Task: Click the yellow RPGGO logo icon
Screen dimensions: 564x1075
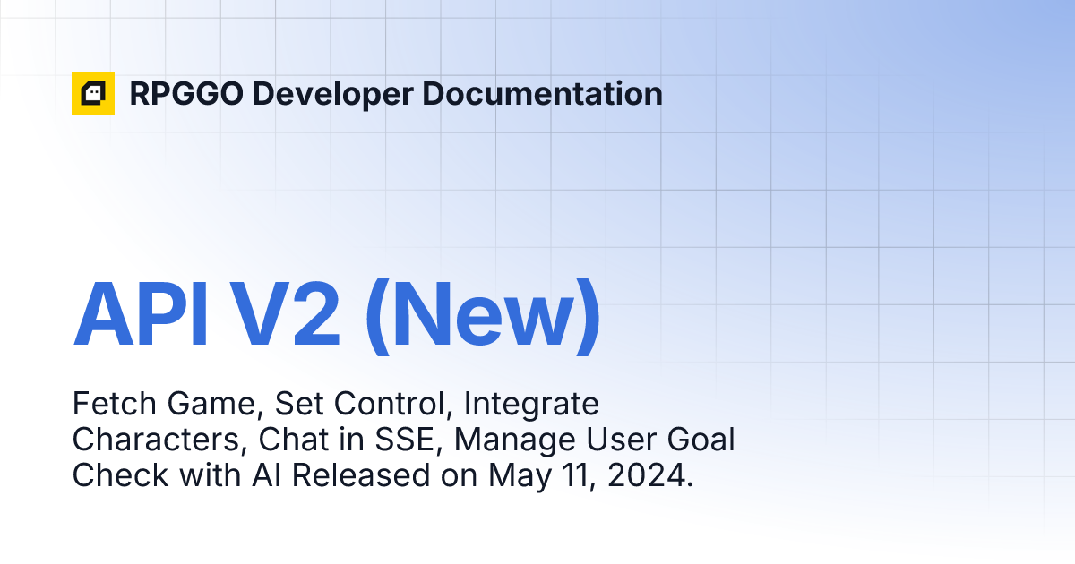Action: [x=93, y=93]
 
